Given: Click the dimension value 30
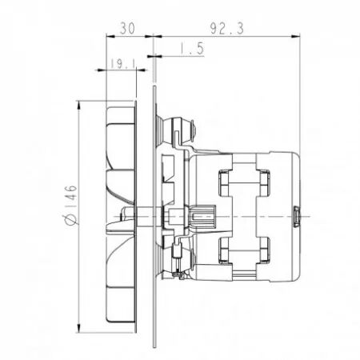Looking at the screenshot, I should [126, 26].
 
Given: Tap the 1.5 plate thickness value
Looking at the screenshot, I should [190, 50].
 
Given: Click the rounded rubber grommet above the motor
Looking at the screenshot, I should [178, 125].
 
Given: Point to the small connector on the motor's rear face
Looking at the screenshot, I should [296, 215].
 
